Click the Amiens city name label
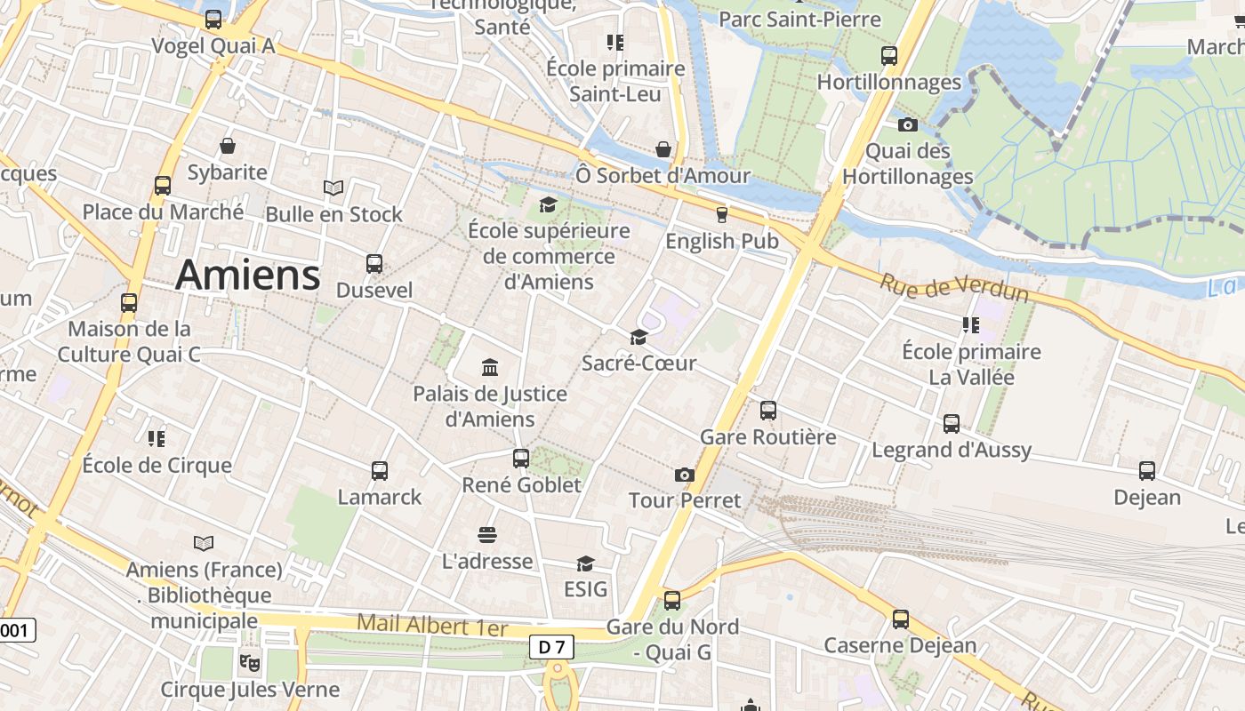click(x=247, y=275)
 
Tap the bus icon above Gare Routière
click(x=768, y=411)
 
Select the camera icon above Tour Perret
click(x=684, y=475)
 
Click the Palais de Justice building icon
click(x=489, y=367)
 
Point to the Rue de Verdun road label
click(x=953, y=287)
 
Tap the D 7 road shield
click(x=552, y=647)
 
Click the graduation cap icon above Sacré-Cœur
click(x=639, y=337)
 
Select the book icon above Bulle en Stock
click(x=333, y=188)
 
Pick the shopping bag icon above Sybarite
click(x=228, y=146)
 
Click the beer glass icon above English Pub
click(x=721, y=214)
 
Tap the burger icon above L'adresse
click(x=486, y=534)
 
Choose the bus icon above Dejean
click(x=1147, y=471)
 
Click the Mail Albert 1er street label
click(x=432, y=625)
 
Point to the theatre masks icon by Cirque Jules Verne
click(x=250, y=662)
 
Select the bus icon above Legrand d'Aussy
click(x=952, y=423)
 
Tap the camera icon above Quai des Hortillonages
click(x=907, y=124)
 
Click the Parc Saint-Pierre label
click(x=799, y=19)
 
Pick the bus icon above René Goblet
click(x=521, y=459)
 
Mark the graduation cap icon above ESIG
click(x=585, y=563)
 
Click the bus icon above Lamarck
click(x=380, y=470)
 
